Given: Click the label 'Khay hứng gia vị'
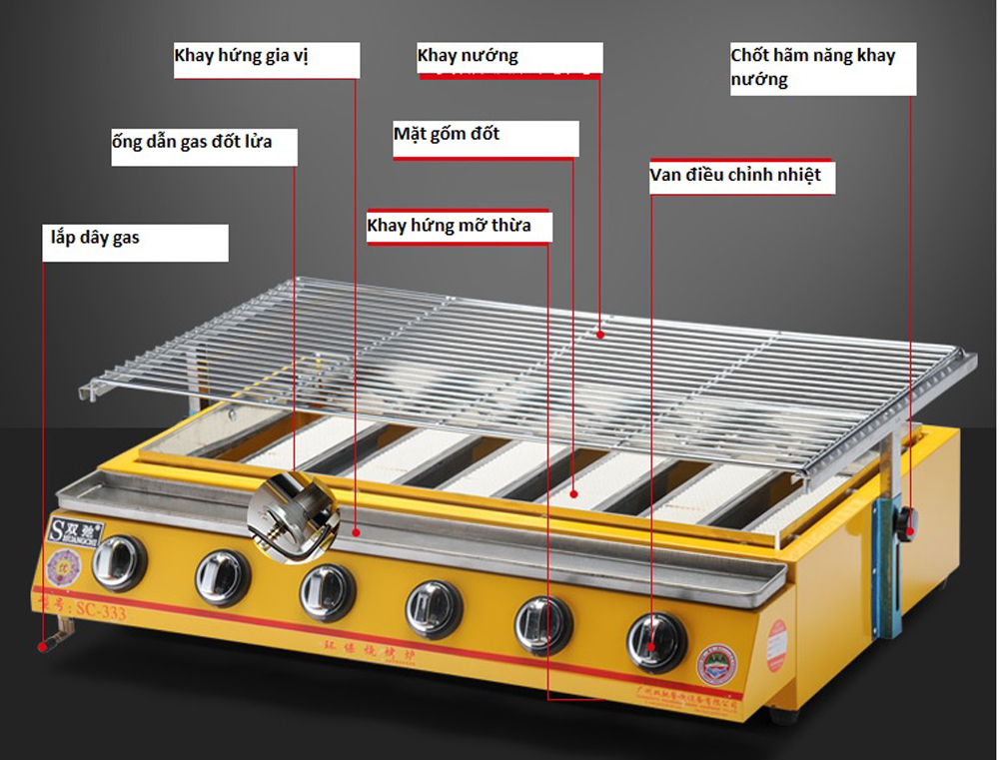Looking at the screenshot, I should tap(242, 56).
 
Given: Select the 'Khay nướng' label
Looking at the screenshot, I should tap(468, 56).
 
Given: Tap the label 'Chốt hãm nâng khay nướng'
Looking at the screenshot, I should tap(813, 67).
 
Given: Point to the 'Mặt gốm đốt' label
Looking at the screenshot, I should tap(447, 134).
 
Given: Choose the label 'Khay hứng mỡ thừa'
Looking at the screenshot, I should tap(449, 226).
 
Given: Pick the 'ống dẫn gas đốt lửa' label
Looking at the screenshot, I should tap(192, 142).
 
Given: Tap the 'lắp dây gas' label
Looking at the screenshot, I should tap(96, 239).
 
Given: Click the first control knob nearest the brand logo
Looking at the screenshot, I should tap(120, 562).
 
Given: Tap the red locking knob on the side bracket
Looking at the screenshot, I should tap(908, 522).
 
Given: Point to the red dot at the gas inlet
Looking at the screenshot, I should tap(43, 646).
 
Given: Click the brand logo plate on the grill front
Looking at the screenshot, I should tap(73, 529).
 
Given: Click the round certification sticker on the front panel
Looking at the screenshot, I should tap(716, 664).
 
